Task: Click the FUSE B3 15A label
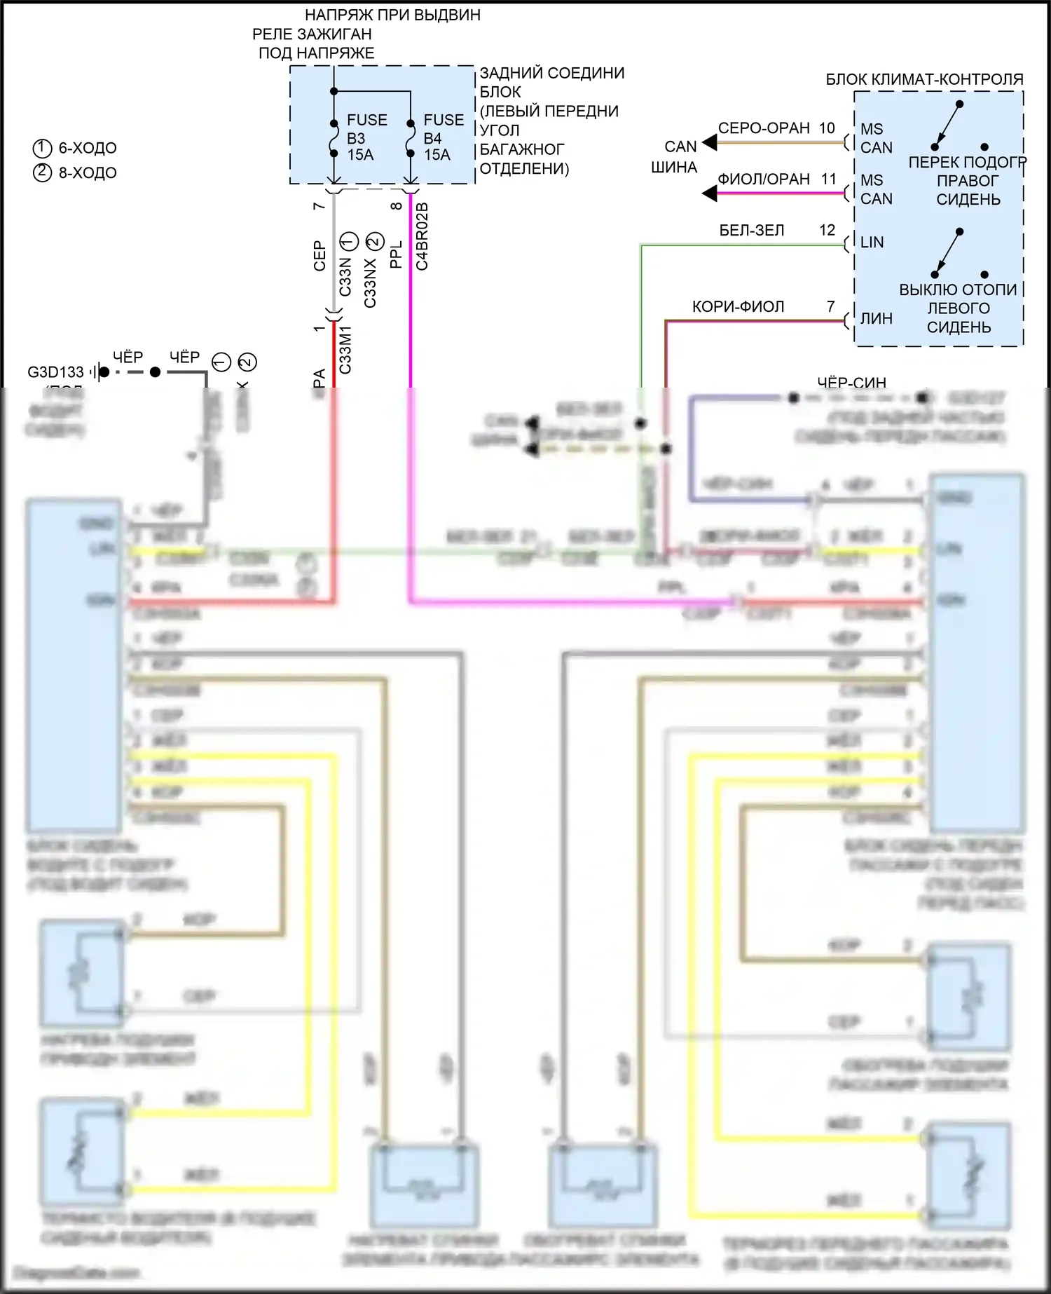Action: (366, 137)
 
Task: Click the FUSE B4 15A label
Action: (443, 137)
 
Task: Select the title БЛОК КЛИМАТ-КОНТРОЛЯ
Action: (924, 79)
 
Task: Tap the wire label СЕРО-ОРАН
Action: (764, 128)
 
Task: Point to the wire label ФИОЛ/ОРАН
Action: (764, 179)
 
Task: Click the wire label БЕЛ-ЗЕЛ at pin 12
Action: (752, 231)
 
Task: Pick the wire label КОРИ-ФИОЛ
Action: (738, 307)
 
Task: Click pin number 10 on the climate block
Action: (827, 128)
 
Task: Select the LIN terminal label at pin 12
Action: (872, 243)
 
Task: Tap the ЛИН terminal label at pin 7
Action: (876, 319)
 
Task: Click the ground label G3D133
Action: (55, 372)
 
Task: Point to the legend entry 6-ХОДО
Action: (87, 148)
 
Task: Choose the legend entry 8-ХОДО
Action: (87, 172)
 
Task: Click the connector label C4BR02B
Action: (422, 236)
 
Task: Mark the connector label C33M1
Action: (345, 349)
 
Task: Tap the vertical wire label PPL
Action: (396, 254)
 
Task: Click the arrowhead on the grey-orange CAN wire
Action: (710, 143)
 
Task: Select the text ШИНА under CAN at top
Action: (674, 168)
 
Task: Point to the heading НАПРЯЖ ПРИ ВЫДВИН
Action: (392, 15)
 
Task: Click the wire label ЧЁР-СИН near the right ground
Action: (851, 383)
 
